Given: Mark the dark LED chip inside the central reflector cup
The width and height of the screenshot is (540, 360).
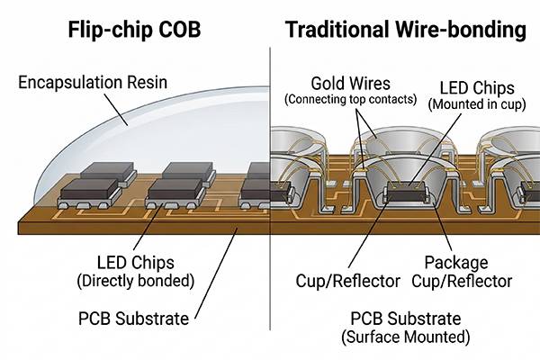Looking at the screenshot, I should pos(406,190).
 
